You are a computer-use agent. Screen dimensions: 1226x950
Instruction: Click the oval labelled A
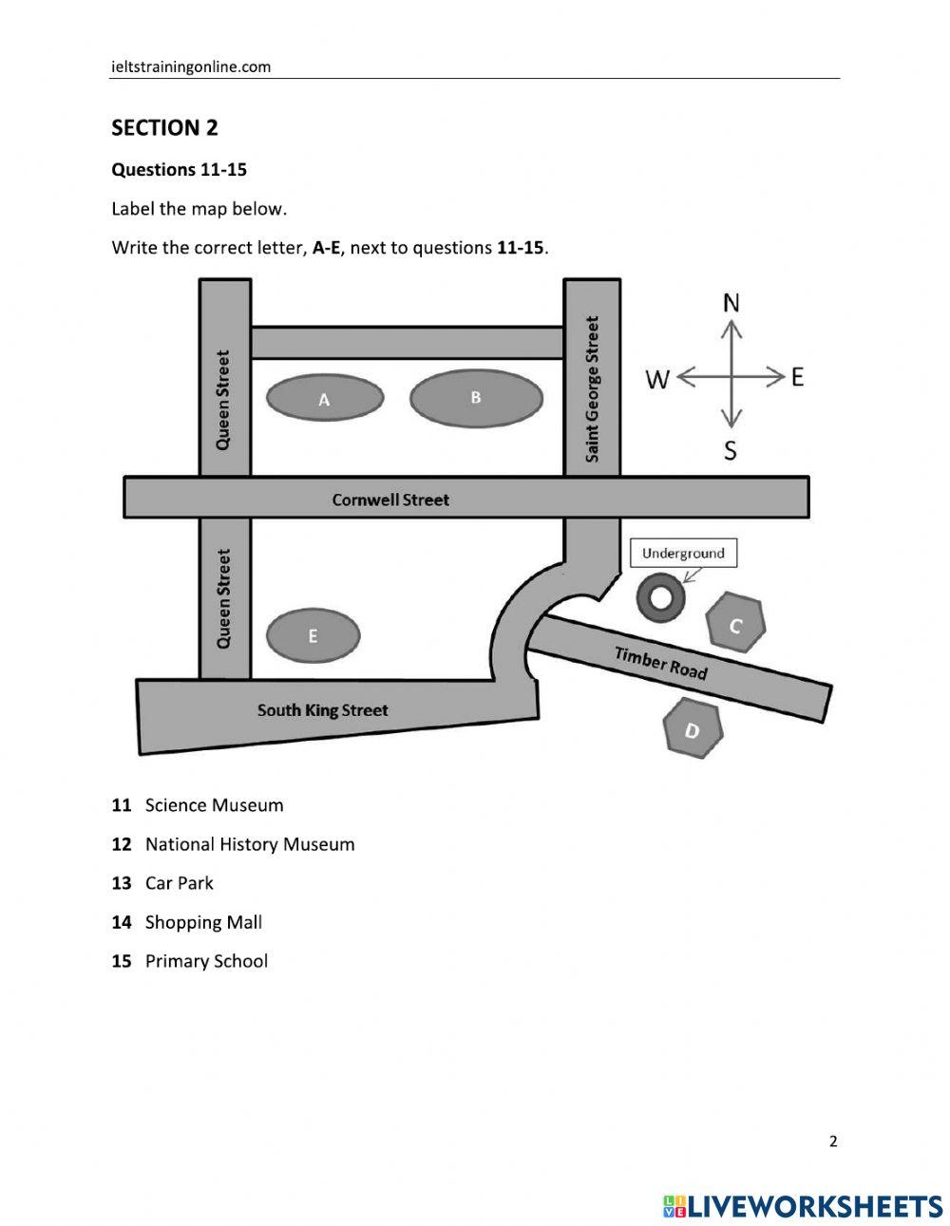pyautogui.click(x=324, y=399)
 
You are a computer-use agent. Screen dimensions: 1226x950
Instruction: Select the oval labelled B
pyautogui.click(x=476, y=398)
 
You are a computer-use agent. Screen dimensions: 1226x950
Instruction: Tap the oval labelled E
pyautogui.click(x=313, y=635)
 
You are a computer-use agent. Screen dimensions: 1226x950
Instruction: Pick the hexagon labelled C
pyautogui.click(x=735, y=624)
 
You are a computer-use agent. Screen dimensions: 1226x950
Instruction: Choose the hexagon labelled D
pyautogui.click(x=692, y=729)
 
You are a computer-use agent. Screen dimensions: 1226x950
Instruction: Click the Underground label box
pyautogui.click(x=683, y=553)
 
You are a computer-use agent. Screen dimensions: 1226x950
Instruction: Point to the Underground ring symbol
pyautogui.click(x=660, y=597)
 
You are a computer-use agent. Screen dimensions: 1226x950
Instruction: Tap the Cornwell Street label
pyautogui.click(x=390, y=500)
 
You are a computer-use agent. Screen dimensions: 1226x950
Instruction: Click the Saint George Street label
pyautogui.click(x=593, y=389)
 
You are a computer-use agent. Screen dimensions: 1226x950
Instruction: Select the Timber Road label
pyautogui.click(x=660, y=662)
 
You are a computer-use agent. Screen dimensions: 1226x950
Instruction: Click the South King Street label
pyautogui.click(x=322, y=709)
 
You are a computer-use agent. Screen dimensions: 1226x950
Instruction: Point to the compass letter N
pyautogui.click(x=731, y=303)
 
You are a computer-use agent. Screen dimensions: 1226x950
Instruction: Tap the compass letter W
pyautogui.click(x=657, y=379)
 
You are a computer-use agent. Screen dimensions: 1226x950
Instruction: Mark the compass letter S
pyautogui.click(x=730, y=450)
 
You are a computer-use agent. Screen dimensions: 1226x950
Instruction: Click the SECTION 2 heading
pyautogui.click(x=164, y=127)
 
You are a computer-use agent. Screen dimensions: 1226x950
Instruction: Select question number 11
pyautogui.click(x=121, y=805)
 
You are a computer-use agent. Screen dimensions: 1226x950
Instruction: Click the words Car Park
pyautogui.click(x=179, y=883)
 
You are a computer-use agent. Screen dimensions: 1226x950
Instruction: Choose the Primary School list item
pyautogui.click(x=206, y=961)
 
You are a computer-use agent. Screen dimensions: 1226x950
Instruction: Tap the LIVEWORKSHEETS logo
pyautogui.click(x=802, y=1206)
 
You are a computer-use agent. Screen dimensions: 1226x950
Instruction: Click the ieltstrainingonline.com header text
pyautogui.click(x=191, y=66)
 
